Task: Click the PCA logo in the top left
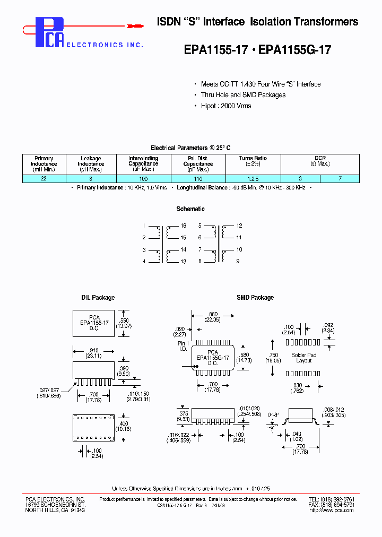click(51, 33)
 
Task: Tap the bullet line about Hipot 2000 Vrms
click(226, 106)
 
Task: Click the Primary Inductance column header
click(44, 164)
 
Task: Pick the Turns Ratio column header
click(253, 161)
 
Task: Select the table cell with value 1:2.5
click(253, 179)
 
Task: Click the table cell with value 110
click(198, 179)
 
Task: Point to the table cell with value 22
click(44, 179)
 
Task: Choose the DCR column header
click(320, 161)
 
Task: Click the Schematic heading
click(190, 209)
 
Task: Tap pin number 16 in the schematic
click(184, 226)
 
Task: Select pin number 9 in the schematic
click(239, 261)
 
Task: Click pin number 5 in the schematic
click(200, 226)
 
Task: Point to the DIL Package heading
click(98, 298)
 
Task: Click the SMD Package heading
click(255, 298)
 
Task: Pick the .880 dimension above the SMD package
click(212, 314)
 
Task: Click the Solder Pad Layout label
click(304, 358)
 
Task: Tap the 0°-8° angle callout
click(274, 412)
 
